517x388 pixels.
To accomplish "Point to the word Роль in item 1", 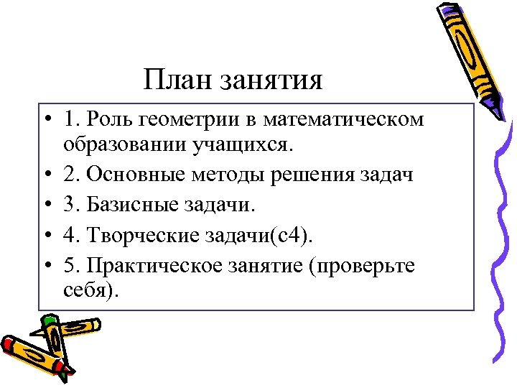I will pos(109,119).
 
